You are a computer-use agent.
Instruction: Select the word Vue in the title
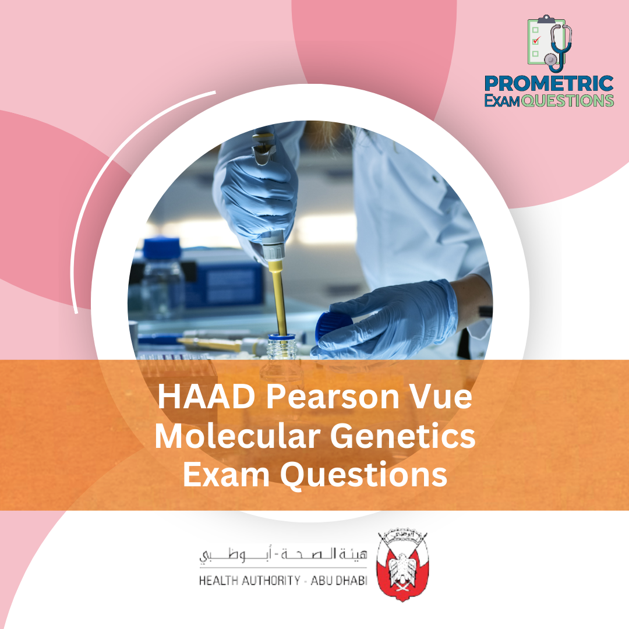coord(446,400)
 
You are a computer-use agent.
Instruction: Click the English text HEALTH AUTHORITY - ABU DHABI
coord(283,581)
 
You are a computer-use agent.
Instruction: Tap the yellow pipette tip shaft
coord(279,297)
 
